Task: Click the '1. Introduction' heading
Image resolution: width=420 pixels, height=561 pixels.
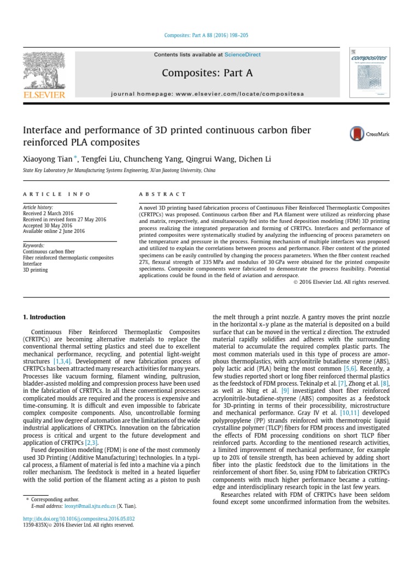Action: pos(44,317)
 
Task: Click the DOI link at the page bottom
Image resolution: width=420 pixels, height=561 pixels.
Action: pos(79,518)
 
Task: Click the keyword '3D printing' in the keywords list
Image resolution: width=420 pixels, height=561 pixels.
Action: pos(35,270)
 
